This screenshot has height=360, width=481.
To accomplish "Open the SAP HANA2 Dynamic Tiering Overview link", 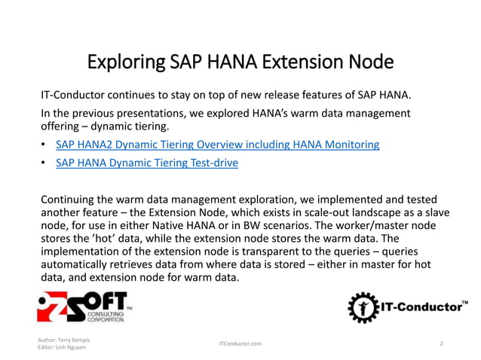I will coord(217,144).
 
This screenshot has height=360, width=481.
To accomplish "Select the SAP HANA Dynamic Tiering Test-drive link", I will coord(147,162).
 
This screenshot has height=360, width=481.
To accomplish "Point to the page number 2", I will coord(441,343).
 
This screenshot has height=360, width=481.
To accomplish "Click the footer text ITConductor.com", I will coord(240,343).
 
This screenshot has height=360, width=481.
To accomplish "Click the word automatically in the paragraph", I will coord(78,264).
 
